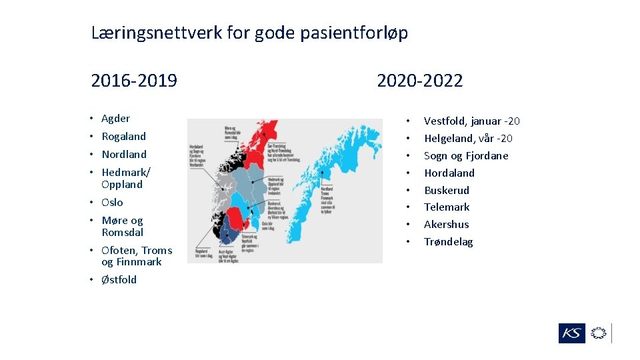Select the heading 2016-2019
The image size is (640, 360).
pos(134,81)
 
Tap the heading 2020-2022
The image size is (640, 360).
pos(419,81)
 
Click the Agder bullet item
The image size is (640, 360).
pos(115,119)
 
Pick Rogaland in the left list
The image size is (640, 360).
pos(123,137)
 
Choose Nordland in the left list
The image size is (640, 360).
pos(123,155)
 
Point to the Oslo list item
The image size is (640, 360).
pos(112,203)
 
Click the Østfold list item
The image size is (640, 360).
pos(119,280)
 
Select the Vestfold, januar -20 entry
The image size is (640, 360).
pos(471,121)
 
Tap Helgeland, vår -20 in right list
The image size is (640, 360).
pos(468,139)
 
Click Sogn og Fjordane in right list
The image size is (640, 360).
pos(466,156)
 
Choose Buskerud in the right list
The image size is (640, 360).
pos(447,191)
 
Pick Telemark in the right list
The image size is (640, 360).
pos(447,207)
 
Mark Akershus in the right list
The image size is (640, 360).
pos(446,225)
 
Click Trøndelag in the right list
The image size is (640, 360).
pos(448,242)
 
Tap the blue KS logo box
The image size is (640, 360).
pos(571,333)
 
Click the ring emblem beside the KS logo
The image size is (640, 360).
pos(599,333)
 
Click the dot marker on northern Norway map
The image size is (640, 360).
pos(321,173)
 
